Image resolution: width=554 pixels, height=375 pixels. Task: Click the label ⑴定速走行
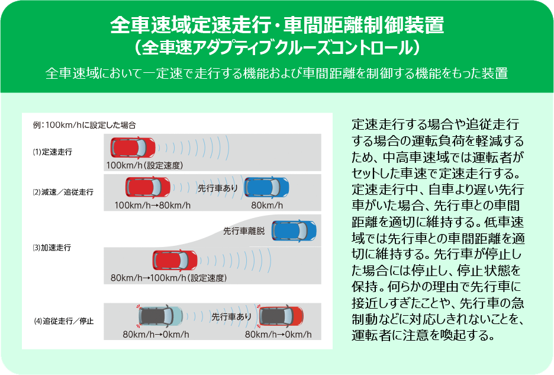coord(53,152)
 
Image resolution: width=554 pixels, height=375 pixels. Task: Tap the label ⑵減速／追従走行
coord(63,193)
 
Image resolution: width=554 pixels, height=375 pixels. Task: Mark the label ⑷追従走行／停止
coord(63,322)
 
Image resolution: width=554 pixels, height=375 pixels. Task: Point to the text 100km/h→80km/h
coord(153,206)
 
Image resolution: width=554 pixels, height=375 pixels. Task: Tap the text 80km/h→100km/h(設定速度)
coord(169,278)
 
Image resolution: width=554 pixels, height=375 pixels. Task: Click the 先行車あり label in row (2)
coord(218,188)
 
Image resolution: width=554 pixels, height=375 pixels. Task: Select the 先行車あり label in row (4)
coord(231,317)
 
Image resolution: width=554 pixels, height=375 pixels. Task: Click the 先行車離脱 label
coord(244,230)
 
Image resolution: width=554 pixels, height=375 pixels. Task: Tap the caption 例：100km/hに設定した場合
coord(85,125)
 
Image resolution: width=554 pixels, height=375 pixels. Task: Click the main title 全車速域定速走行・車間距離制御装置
coord(277,25)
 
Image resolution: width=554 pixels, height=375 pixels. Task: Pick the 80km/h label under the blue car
coord(268,206)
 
